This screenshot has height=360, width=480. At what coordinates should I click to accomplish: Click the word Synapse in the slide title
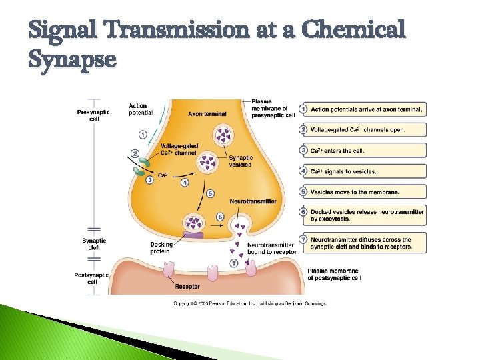73,60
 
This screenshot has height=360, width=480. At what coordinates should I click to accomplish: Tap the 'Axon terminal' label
207,114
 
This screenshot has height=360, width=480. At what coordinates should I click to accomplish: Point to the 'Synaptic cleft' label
94,244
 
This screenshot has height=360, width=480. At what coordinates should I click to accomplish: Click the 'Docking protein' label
161,248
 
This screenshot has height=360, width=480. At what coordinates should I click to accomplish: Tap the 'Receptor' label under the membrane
187,287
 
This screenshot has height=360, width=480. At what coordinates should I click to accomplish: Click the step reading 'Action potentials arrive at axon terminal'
367,109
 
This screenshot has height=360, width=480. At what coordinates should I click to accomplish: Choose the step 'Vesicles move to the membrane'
355,192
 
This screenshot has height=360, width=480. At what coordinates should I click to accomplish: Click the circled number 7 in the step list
303,240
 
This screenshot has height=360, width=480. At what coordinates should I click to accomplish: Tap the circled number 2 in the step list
303,129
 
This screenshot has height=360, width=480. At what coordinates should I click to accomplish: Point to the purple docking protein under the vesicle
194,235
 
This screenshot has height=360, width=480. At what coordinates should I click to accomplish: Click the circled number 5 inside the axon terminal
210,193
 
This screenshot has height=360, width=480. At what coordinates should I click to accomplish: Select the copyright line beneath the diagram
250,303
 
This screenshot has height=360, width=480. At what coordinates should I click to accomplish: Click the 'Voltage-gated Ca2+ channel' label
179,150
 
